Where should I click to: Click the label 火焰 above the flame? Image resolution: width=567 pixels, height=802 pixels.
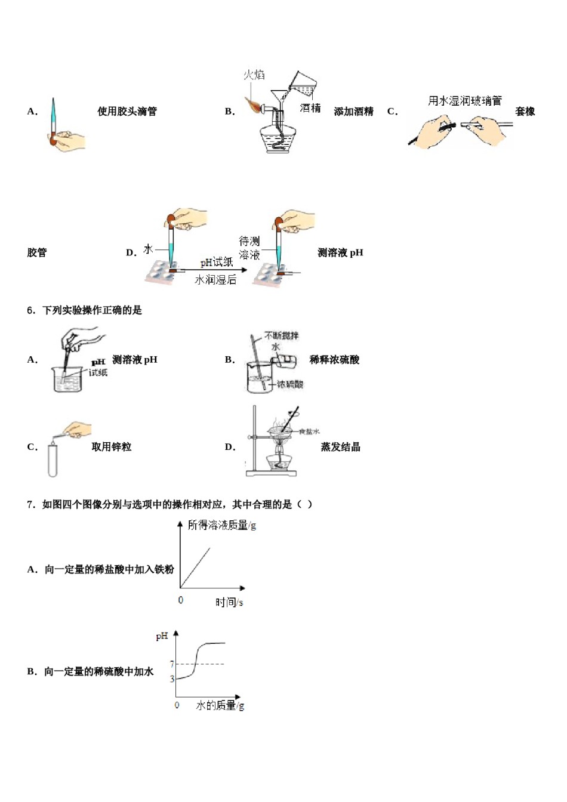coord(254,75)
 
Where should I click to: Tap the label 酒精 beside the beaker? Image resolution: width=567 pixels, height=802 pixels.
coord(310,108)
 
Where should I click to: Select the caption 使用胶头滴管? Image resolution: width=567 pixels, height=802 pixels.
coord(127,112)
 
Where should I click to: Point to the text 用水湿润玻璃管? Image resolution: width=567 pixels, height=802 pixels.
coord(464,101)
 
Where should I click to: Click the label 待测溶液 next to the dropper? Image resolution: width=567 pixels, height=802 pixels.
coord(249,248)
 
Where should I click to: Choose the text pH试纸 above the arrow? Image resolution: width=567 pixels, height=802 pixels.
coord(216,263)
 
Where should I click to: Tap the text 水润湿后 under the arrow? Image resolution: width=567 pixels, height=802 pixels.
coord(215,279)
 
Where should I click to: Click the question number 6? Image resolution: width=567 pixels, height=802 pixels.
coord(31,310)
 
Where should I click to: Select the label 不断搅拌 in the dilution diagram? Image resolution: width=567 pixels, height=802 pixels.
coord(282,336)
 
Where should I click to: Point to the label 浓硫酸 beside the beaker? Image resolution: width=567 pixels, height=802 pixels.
coord(290,384)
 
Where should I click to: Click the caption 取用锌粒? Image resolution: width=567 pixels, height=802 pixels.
coord(111,447)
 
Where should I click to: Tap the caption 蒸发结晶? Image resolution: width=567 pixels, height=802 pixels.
coord(340,447)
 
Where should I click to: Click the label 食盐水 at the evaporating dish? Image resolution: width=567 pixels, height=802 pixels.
coord(309,431)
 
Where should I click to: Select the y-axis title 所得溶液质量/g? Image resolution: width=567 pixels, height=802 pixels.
coord(221,525)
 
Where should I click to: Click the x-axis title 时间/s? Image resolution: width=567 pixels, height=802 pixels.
coord(229,603)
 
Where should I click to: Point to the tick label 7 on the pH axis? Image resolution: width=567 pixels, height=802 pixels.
coord(172,664)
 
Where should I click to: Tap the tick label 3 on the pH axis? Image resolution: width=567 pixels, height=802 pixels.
coord(172,679)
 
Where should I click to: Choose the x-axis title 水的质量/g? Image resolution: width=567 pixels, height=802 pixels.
coord(220,706)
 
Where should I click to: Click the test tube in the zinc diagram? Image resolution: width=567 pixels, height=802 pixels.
coord(53,459)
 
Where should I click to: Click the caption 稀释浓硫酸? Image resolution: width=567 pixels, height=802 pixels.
coord(334,360)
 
